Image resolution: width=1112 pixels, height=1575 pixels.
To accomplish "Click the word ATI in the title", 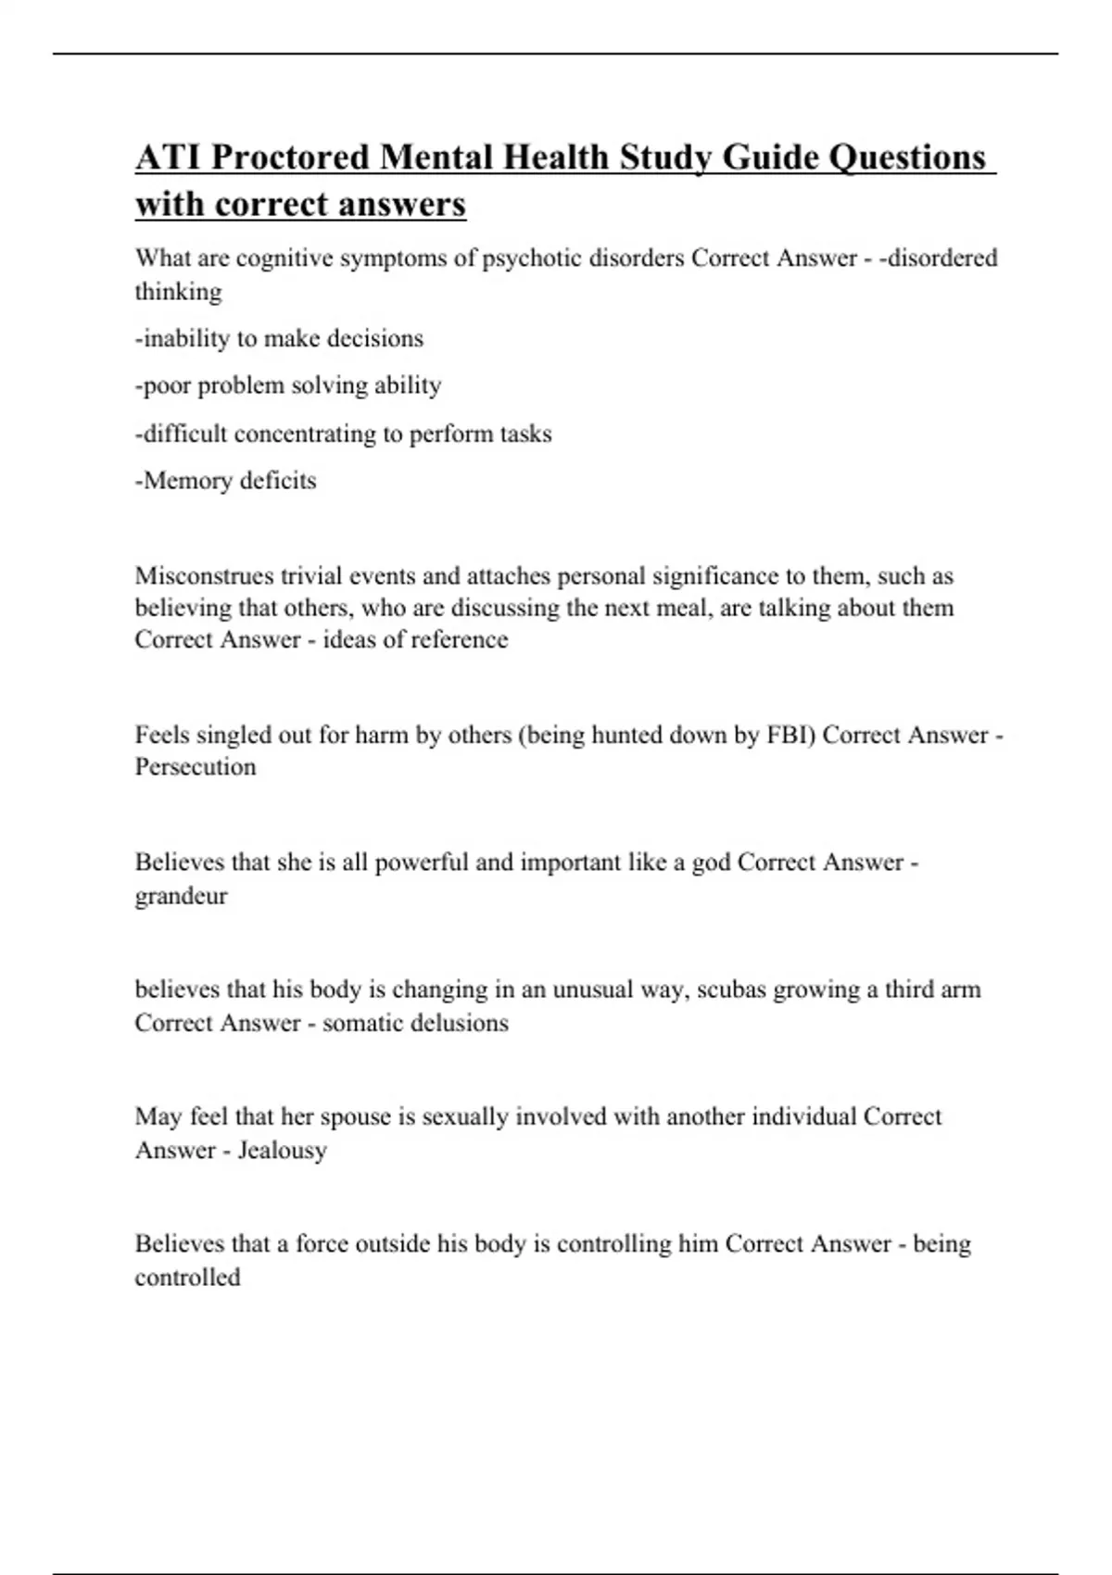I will pos(170,157).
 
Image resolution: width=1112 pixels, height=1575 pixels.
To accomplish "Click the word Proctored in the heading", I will pos(290,157).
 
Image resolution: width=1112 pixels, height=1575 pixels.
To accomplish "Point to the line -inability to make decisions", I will pos(279,338).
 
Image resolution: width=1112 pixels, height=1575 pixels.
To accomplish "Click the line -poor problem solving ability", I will pos(288,385).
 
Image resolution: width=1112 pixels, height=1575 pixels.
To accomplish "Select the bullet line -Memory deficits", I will pos(226,481).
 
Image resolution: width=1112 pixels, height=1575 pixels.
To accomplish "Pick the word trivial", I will pos(315,576).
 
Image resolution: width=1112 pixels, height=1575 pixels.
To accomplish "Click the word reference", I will pos(456,640).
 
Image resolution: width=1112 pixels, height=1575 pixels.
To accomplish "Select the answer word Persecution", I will pos(196,767).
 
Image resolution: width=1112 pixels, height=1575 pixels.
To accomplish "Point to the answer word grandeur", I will pos(181,896).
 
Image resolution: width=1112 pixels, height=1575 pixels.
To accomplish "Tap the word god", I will pos(711,863).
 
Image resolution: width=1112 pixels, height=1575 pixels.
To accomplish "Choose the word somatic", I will pos(362,1023).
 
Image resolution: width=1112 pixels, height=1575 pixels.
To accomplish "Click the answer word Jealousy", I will pos(282,1151).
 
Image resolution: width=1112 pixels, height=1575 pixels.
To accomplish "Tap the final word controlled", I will pos(187,1278).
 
